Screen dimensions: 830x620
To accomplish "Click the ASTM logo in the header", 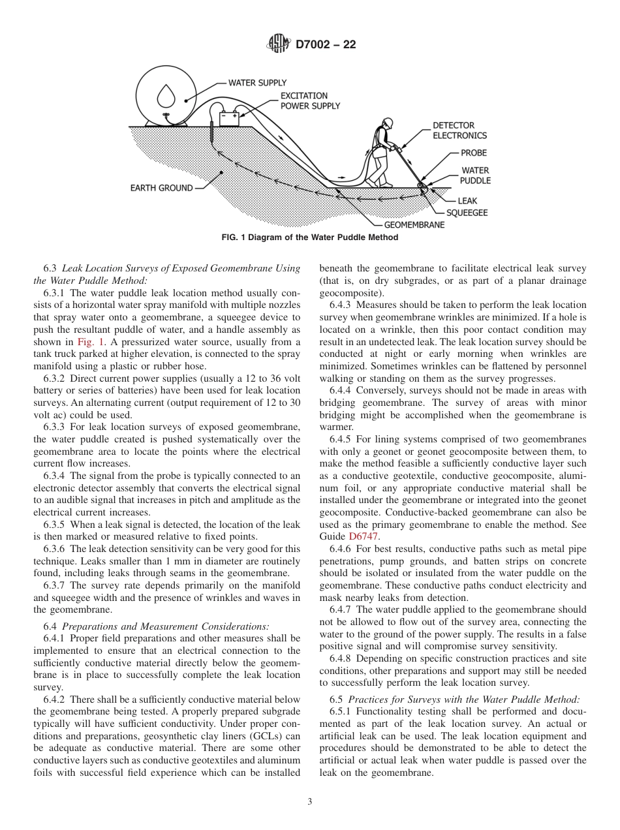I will coord(279,44).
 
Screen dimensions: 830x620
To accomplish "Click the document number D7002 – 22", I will coord(326,45).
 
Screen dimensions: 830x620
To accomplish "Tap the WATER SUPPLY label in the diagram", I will coord(257,83).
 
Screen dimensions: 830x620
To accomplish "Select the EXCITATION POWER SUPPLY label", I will coord(310,100).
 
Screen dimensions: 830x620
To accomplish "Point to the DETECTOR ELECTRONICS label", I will coord(459,131).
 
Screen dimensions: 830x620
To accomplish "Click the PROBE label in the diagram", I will coord(474,153).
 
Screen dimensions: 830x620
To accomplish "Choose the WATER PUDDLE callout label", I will coord(475,176).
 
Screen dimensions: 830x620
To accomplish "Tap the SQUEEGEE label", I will coord(467,213).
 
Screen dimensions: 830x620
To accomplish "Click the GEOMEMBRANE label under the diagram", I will coord(414,225).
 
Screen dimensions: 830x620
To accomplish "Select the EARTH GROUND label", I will coord(161,188).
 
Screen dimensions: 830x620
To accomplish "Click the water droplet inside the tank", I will coord(166,97).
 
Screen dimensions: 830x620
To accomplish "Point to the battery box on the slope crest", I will coord(229,119).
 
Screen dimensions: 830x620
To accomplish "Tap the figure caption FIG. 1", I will coord(310,238).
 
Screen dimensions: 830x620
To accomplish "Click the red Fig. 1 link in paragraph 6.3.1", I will coord(89,342).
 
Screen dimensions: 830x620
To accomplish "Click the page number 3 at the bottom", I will coord(310,802).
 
